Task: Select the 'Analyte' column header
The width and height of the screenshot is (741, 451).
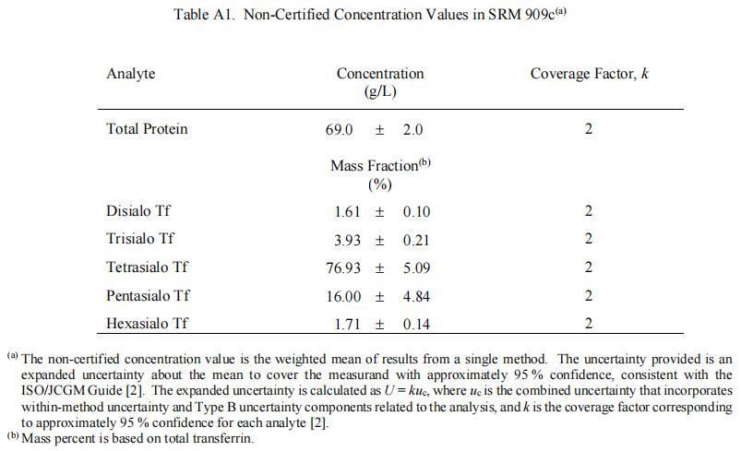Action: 131,74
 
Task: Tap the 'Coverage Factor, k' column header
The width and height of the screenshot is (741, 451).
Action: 589,74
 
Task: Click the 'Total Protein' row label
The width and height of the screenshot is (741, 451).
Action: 147,129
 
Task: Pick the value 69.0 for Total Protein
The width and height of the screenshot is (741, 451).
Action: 340,130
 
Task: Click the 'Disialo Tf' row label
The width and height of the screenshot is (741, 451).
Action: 138,212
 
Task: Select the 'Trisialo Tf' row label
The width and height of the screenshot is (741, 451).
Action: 140,240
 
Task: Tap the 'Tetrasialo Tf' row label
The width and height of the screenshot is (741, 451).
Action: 148,267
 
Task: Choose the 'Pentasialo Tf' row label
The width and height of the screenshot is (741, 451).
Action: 149,296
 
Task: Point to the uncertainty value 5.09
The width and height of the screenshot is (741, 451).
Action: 416,268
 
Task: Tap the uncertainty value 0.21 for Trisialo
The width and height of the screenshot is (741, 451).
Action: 416,240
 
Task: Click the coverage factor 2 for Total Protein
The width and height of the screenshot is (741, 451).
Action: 588,130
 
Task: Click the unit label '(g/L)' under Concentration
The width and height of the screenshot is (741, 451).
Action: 380,91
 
